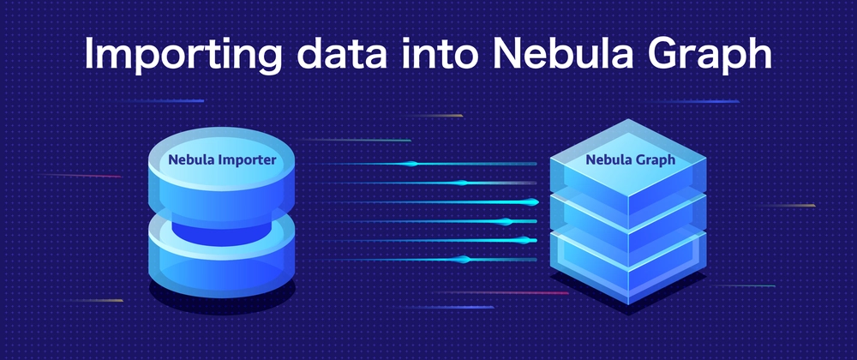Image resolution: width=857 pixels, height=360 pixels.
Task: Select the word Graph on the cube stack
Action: click(x=656, y=159)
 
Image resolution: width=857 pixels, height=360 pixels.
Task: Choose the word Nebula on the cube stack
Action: click(x=607, y=159)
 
